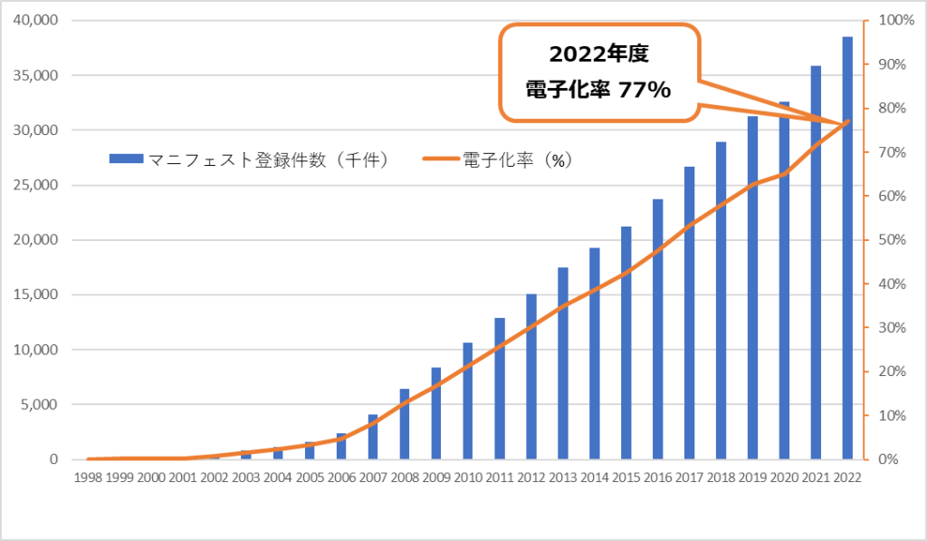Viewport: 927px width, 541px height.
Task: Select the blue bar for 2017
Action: (x=689, y=313)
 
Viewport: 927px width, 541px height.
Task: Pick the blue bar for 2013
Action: (x=562, y=363)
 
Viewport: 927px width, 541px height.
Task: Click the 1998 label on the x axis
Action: (x=87, y=478)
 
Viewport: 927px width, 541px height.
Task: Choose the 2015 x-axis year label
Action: (x=626, y=478)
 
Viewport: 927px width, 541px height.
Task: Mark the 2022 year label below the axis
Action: (x=847, y=478)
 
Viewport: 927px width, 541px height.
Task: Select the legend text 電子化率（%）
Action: (x=519, y=159)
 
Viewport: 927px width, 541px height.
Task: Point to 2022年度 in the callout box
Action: (x=599, y=54)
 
